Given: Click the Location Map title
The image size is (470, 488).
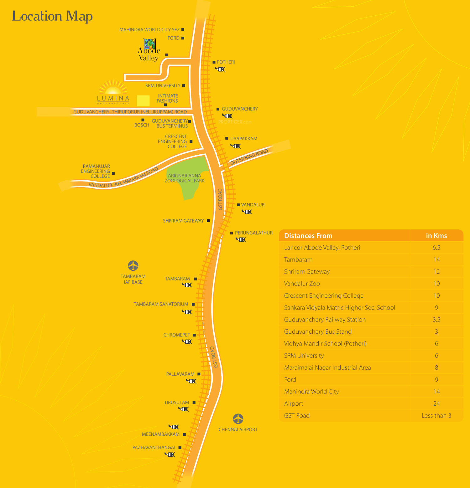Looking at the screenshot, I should click(52, 16).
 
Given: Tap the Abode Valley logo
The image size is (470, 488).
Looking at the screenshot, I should click(149, 50).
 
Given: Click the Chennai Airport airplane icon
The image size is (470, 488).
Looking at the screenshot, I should click(238, 419).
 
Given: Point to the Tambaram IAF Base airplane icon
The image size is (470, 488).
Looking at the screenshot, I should click(133, 266).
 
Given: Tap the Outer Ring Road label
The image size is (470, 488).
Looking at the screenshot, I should click(249, 157).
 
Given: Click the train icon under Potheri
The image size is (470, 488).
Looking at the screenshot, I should click(220, 69).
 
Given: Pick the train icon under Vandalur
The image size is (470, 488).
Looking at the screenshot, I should click(247, 212).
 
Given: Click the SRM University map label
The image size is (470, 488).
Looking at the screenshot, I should click(163, 86).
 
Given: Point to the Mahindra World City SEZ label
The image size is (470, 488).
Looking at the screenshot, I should click(149, 30).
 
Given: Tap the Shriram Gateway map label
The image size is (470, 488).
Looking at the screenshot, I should click(183, 221).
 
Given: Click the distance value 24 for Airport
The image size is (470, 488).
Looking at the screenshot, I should click(436, 404).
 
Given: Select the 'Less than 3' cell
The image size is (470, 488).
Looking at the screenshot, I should click(436, 416).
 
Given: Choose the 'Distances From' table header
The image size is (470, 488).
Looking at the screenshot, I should click(308, 236).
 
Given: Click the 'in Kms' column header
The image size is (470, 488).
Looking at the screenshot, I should click(436, 236).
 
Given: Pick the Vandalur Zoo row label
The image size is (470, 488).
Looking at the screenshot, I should click(302, 284).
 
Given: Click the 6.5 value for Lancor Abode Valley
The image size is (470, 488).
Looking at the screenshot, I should click(436, 248).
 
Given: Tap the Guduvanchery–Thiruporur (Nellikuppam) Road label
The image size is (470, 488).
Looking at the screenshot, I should click(130, 112).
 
